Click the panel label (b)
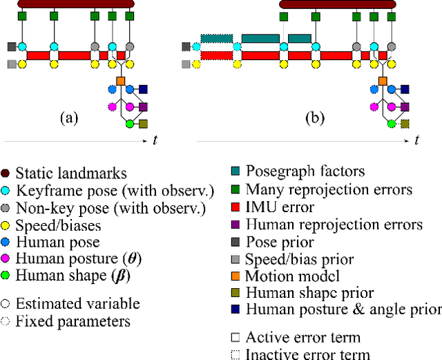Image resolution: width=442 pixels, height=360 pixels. (315, 117)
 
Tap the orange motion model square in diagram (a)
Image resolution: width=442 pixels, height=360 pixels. (120, 81)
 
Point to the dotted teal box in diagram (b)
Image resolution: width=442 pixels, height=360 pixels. (217, 39)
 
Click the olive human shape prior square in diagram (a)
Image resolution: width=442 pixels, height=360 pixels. (144, 124)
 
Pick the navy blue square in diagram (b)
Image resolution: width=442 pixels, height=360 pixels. (405, 89)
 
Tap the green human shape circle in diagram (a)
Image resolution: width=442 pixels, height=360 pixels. (128, 124)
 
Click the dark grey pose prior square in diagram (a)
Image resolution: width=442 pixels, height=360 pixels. (11, 47)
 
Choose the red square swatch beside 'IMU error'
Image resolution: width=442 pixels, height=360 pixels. (236, 206)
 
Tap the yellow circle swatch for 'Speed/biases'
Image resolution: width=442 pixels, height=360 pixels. (6, 225)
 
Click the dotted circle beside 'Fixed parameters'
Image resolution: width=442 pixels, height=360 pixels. (6, 321)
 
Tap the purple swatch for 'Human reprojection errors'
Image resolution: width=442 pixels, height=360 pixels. (236, 224)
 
